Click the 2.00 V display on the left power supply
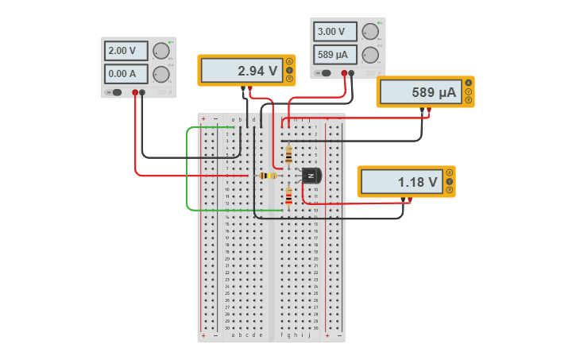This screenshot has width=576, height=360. point(126,51)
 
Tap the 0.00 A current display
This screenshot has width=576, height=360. point(126,74)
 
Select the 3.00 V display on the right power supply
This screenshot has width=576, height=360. point(335,32)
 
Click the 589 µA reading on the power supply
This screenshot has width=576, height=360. point(335,55)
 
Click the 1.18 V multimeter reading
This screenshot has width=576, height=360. point(402,182)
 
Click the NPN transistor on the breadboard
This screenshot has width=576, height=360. point(311,176)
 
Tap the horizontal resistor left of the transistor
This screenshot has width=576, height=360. point(268,176)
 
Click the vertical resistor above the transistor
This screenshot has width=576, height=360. point(288,153)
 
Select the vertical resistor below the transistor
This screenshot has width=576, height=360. point(288,195)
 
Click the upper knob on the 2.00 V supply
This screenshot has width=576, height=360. point(161,51)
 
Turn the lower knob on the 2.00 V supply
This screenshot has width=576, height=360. point(161,75)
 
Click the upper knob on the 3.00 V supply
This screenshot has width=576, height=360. point(370,32)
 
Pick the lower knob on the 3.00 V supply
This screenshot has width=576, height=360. point(370,55)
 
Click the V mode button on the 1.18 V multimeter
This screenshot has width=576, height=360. point(450,182)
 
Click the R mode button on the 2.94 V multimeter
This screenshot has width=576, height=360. point(290,79)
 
